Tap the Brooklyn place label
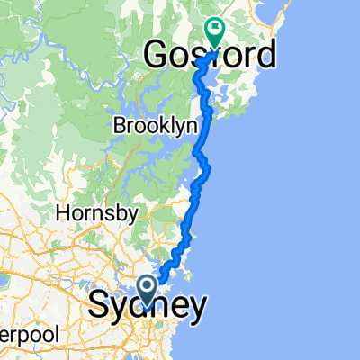tap(154, 128)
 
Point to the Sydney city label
tap(147, 307)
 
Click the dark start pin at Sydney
tap(149, 287)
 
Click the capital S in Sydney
tap(100, 306)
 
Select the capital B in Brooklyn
tap(119, 128)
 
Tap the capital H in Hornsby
tap(61, 214)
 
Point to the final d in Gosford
tap(264, 57)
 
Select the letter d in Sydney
tap(142, 306)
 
